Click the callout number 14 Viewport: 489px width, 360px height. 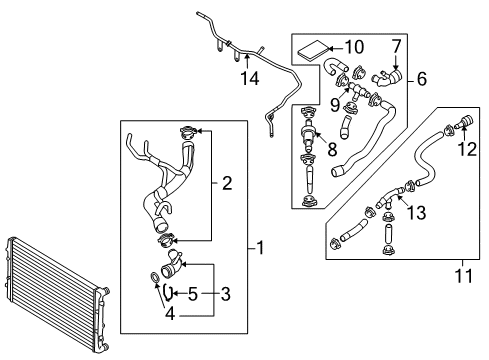pyautogui.click(x=250, y=79)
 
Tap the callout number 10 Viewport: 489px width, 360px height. pyautogui.click(x=354, y=47)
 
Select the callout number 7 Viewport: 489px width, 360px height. pyautogui.click(x=396, y=46)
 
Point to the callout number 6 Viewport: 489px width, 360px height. pyautogui.click(x=422, y=79)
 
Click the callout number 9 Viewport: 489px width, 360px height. pyautogui.click(x=335, y=105)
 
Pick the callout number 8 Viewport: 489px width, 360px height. pyautogui.click(x=332, y=149)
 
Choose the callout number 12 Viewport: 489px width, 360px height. pyautogui.click(x=467, y=149)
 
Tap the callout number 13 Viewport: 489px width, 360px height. pyautogui.click(x=417, y=213)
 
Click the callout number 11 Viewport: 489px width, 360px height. pyautogui.click(x=464, y=276)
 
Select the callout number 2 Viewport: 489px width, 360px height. pyautogui.click(x=227, y=183)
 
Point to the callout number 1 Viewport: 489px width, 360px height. pyautogui.click(x=260, y=248)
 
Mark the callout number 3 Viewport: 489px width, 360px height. pyautogui.click(x=226, y=294)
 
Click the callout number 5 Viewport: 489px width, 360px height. pyautogui.click(x=193, y=294)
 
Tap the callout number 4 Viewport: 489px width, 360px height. pyautogui.click(x=170, y=314)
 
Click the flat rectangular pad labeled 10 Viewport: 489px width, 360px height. pyautogui.click(x=313, y=50)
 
